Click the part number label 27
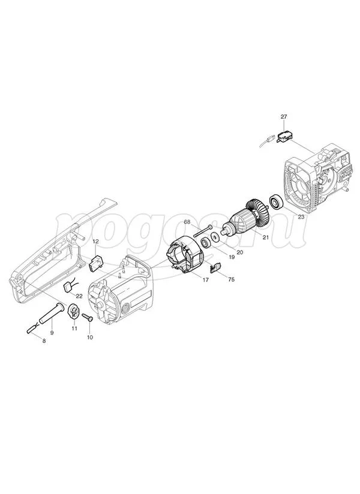284,116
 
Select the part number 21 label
266,237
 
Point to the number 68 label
187,222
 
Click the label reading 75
231,279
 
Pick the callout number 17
205,279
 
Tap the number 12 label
96,242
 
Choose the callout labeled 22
79,296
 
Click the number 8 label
44,341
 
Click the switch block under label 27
284,138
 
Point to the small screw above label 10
88,318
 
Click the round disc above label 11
73,311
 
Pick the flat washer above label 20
215,236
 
